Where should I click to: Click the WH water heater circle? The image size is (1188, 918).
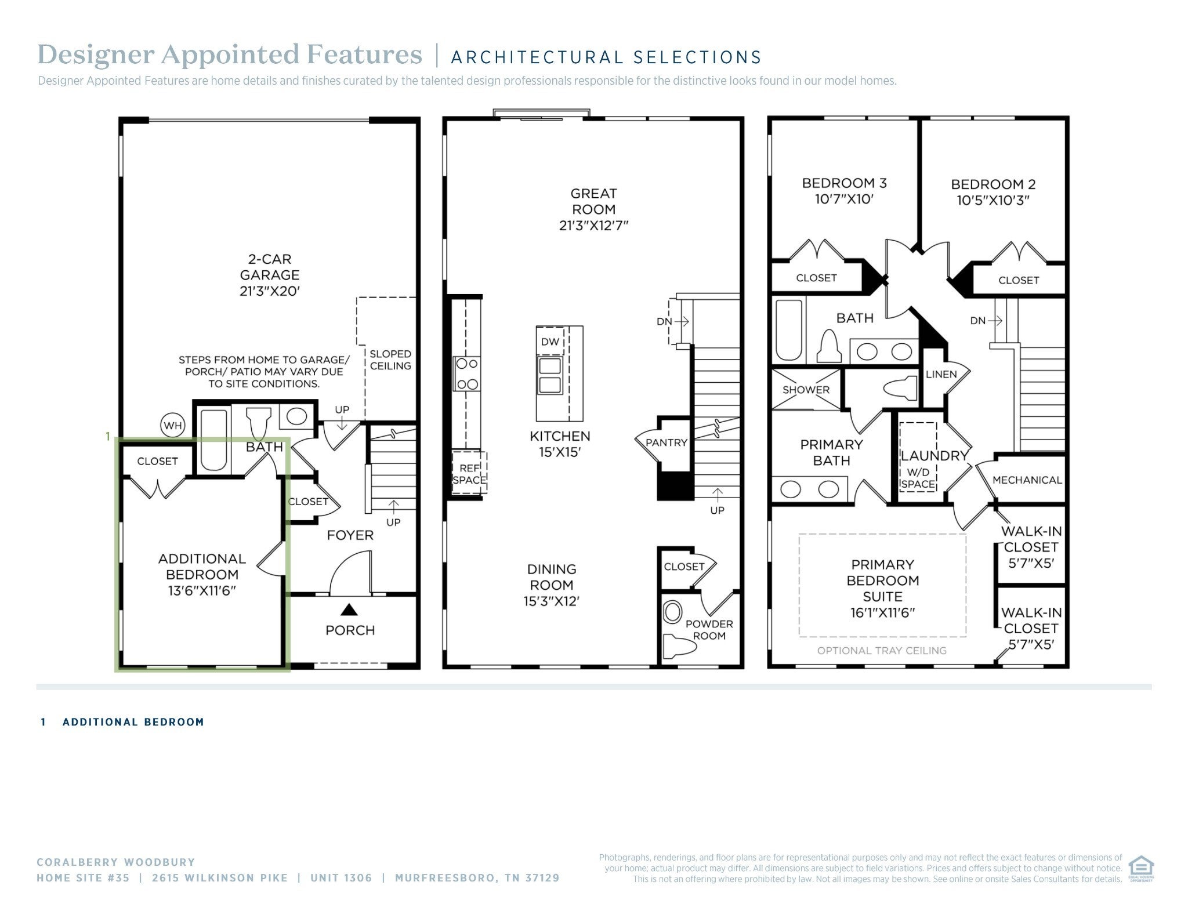pos(173,426)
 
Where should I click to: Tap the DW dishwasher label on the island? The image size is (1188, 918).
pos(550,342)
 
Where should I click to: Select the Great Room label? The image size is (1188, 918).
pos(593,201)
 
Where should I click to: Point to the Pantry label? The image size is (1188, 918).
pos(667,442)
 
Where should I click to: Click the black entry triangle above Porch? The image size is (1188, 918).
pos(349,609)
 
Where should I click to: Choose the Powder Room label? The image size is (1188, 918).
pos(709,630)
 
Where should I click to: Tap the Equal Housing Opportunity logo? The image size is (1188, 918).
pos(1141,868)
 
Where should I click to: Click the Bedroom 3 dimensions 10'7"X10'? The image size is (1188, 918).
pos(844,199)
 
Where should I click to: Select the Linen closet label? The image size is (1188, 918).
pos(941,374)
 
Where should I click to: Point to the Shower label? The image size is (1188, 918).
pos(806,390)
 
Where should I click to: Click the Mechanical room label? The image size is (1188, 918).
pos(1027,480)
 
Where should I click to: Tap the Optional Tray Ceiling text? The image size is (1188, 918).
pos(882,651)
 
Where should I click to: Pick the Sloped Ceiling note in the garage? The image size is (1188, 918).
pos(390,360)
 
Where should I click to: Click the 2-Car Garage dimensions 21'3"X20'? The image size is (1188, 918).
pos(269,291)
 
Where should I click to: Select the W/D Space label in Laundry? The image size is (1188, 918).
pos(918,478)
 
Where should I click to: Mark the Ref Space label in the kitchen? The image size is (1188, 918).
pos(469,474)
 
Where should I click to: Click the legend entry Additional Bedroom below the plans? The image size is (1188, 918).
pos(133,722)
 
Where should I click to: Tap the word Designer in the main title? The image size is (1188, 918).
pos(96,55)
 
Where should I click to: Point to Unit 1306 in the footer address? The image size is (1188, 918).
pos(341,878)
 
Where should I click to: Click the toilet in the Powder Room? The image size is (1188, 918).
pos(676,644)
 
